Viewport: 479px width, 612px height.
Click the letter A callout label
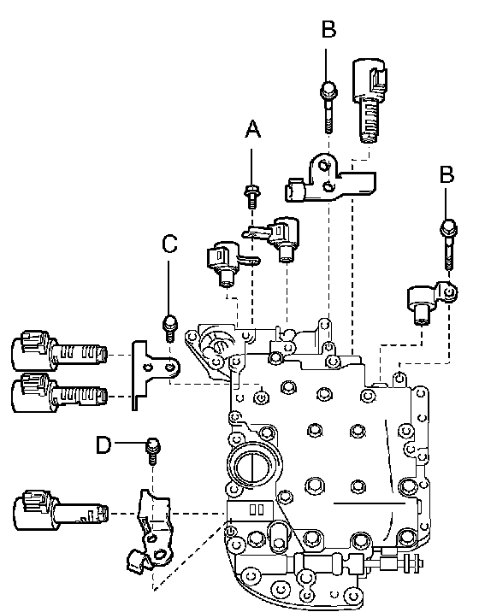click(x=253, y=129)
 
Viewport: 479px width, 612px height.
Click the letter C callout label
click(x=169, y=244)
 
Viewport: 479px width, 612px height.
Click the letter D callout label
click(x=103, y=444)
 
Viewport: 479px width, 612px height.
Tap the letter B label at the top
click(x=328, y=29)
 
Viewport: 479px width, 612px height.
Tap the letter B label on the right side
click(x=447, y=174)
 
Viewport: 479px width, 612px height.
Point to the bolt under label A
click(x=252, y=197)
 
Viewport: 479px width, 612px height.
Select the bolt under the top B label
click(x=328, y=107)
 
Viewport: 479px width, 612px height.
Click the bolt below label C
click(x=169, y=328)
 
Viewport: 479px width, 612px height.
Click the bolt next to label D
click(x=153, y=451)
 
